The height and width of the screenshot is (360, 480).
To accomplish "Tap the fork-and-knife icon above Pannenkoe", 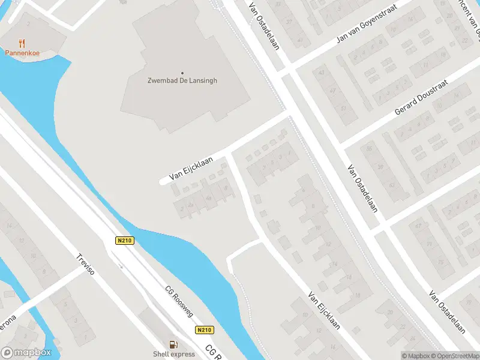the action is click(x=22, y=43).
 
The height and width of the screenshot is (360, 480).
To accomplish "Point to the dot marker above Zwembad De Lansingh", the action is click(x=182, y=73).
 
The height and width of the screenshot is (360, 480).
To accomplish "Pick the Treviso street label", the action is click(x=86, y=264).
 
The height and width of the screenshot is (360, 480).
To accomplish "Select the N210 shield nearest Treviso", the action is click(x=124, y=241).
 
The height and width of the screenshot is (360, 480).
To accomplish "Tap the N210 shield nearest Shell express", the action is click(x=204, y=330).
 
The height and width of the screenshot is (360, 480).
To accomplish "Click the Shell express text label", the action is click(x=173, y=354).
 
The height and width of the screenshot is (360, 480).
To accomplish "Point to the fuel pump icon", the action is click(x=173, y=344).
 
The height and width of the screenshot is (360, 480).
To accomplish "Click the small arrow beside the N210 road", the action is click(x=121, y=266).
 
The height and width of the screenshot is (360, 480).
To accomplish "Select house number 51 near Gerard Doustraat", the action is click(x=344, y=109).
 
